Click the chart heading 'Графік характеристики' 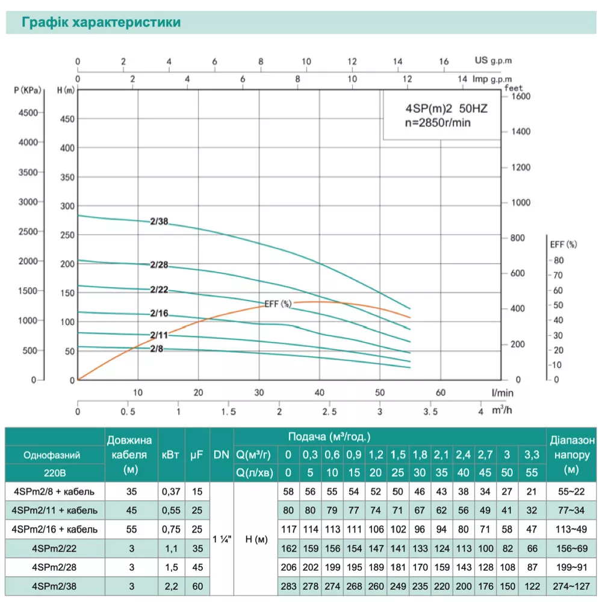click(x=101, y=23)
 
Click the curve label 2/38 click(x=160, y=222)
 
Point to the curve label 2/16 click(x=160, y=313)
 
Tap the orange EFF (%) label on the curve click(x=278, y=305)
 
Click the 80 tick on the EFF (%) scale click(x=558, y=260)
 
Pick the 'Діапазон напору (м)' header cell click(x=573, y=455)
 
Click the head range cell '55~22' click(x=573, y=491)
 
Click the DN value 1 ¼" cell click(x=221, y=538)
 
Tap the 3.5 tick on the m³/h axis click(x=430, y=412)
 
